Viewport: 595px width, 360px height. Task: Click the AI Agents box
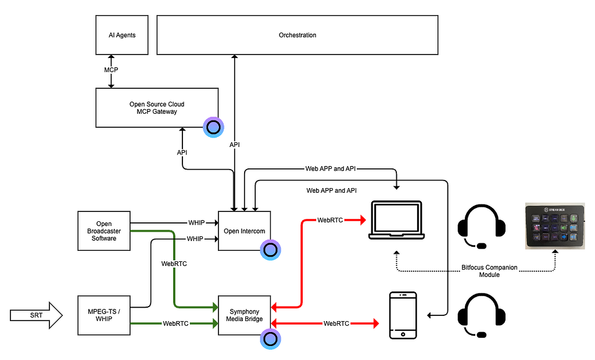(122, 35)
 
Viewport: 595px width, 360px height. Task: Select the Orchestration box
(297, 35)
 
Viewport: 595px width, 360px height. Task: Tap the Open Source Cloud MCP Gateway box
(157, 108)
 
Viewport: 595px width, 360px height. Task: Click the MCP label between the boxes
(110, 70)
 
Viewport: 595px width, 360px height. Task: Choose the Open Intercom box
(244, 231)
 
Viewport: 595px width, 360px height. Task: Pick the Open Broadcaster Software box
(104, 231)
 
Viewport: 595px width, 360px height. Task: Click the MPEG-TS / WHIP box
(104, 315)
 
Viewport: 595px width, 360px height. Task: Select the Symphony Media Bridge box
(244, 315)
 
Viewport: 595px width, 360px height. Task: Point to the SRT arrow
(36, 315)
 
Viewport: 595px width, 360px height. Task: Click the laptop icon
(396, 221)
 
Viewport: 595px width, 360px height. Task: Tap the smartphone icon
(402, 315)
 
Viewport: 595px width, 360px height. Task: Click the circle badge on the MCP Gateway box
(213, 127)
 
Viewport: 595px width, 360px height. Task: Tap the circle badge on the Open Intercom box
(270, 250)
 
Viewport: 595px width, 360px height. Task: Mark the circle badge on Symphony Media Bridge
(270, 339)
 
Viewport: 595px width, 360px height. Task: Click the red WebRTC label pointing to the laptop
(329, 221)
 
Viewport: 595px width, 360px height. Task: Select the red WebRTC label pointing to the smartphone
(336, 323)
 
